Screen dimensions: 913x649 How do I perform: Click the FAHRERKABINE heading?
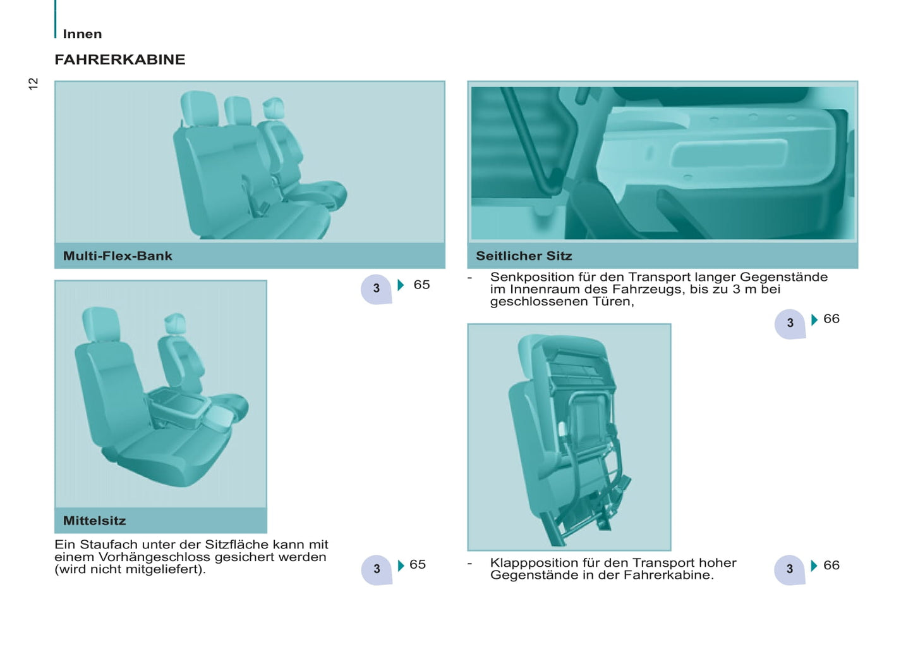120,59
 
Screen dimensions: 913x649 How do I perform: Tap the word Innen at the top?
82,34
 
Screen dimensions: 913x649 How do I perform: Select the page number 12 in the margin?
33,83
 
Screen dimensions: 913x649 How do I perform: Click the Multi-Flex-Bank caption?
118,256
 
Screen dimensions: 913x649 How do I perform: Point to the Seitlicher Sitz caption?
524,256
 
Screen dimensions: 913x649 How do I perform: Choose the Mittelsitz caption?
95,521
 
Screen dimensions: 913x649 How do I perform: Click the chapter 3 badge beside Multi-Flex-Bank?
377,288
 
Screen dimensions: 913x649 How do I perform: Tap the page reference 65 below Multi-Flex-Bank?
421,285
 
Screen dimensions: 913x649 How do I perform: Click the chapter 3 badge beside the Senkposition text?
790,324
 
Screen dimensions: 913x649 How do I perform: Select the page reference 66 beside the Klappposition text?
831,565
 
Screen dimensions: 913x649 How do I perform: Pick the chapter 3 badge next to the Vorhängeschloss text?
377,570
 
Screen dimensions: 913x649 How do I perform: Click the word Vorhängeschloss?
154,557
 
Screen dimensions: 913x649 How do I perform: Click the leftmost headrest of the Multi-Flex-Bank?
199,108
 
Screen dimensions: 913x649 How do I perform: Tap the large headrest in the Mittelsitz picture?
101,324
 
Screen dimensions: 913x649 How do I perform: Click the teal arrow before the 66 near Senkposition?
814,319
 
